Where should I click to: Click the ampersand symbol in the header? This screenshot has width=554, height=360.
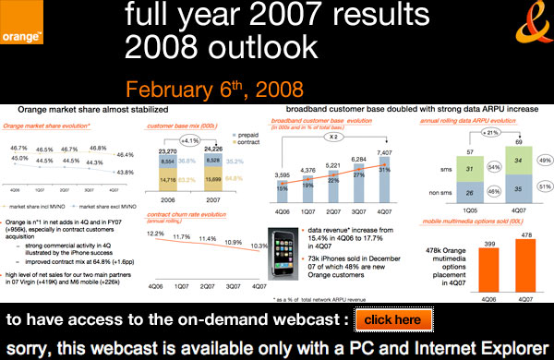point(523,29)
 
